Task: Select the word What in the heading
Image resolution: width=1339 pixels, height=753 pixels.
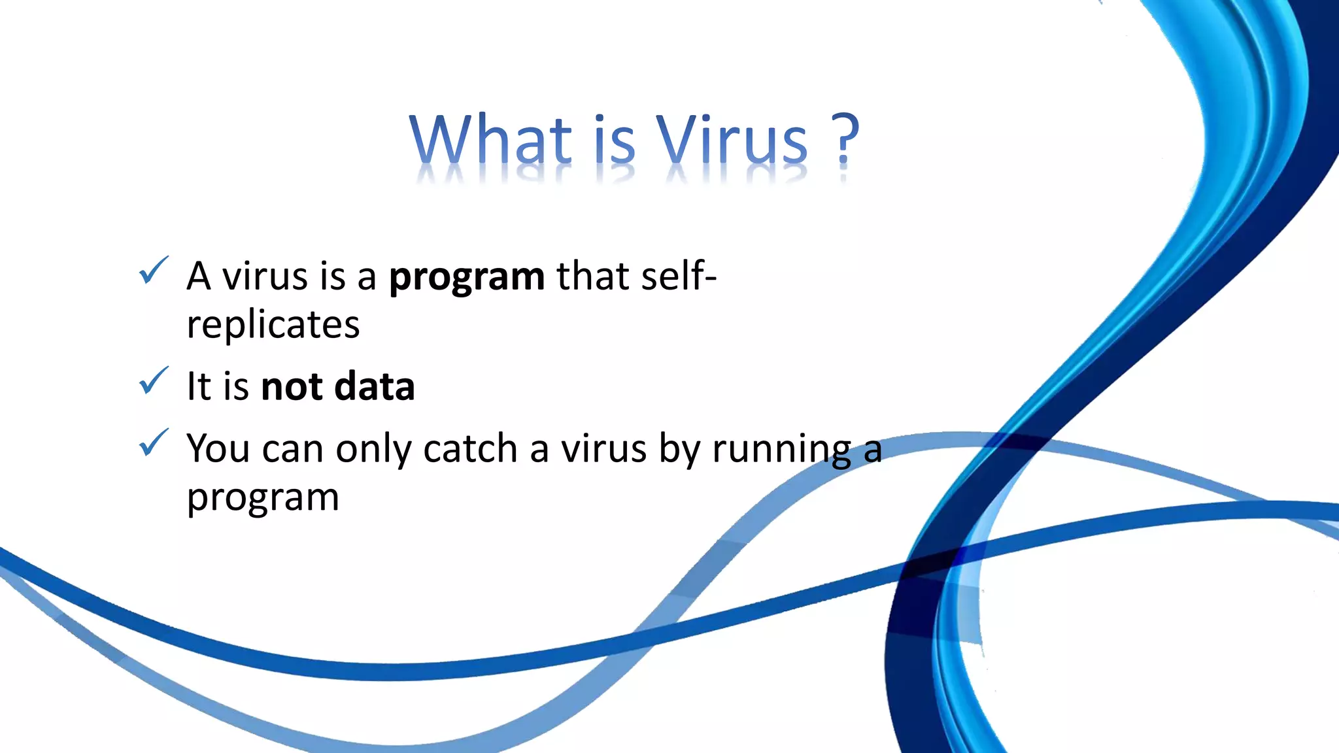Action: [x=491, y=139]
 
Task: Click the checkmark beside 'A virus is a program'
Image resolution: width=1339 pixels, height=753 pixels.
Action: [x=154, y=271]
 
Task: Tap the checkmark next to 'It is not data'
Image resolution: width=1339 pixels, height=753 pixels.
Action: [x=154, y=381]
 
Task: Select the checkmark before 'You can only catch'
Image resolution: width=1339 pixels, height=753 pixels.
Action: [x=154, y=443]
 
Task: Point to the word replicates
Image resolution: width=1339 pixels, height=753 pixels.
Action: [x=273, y=325]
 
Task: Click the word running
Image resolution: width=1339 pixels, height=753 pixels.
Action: [x=781, y=450]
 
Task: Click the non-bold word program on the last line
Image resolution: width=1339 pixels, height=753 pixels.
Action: [x=262, y=499]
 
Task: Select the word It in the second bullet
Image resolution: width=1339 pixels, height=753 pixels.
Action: [x=199, y=386]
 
